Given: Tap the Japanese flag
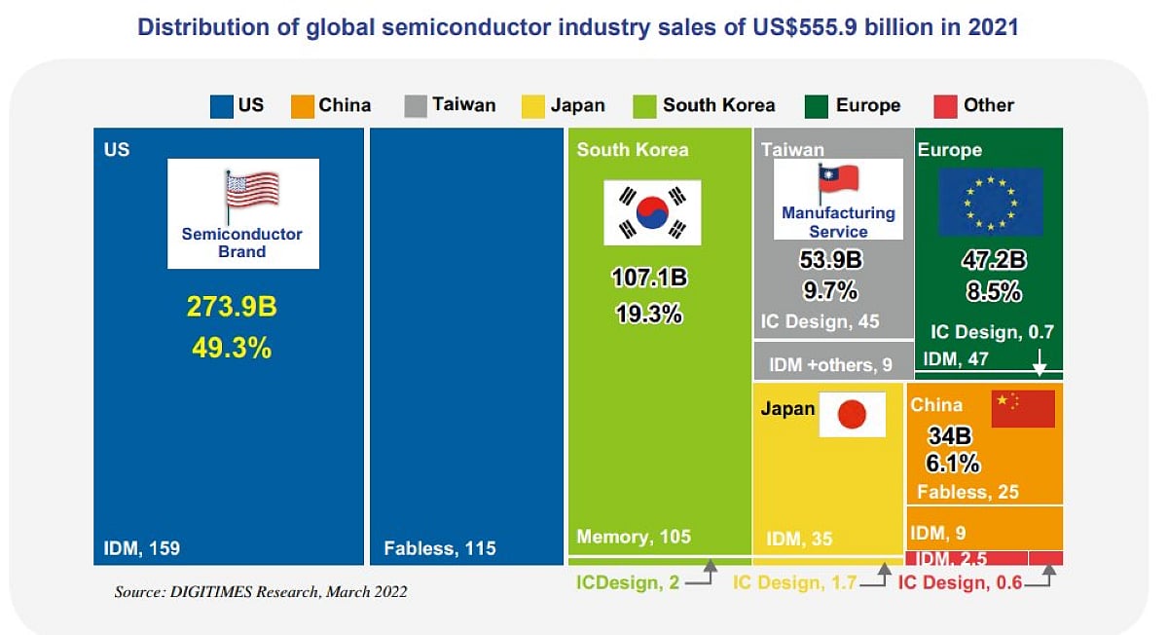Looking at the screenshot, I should click(852, 415).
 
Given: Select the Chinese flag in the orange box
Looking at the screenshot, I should click(1023, 408).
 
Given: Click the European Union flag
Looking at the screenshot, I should click(990, 202).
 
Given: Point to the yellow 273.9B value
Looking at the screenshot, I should click(232, 307).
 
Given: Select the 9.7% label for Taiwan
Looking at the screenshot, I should click(831, 290).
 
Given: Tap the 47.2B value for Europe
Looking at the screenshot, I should click(988, 261).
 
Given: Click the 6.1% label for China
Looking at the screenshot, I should click(953, 464).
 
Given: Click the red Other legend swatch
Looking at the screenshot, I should click(943, 106).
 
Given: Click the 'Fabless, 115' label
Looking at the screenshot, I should click(440, 548).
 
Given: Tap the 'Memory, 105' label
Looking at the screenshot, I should click(634, 537).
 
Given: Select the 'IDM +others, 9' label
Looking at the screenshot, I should click(830, 365).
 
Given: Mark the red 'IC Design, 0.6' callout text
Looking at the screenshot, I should click(959, 582).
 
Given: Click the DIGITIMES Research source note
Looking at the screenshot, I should click(260, 591).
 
